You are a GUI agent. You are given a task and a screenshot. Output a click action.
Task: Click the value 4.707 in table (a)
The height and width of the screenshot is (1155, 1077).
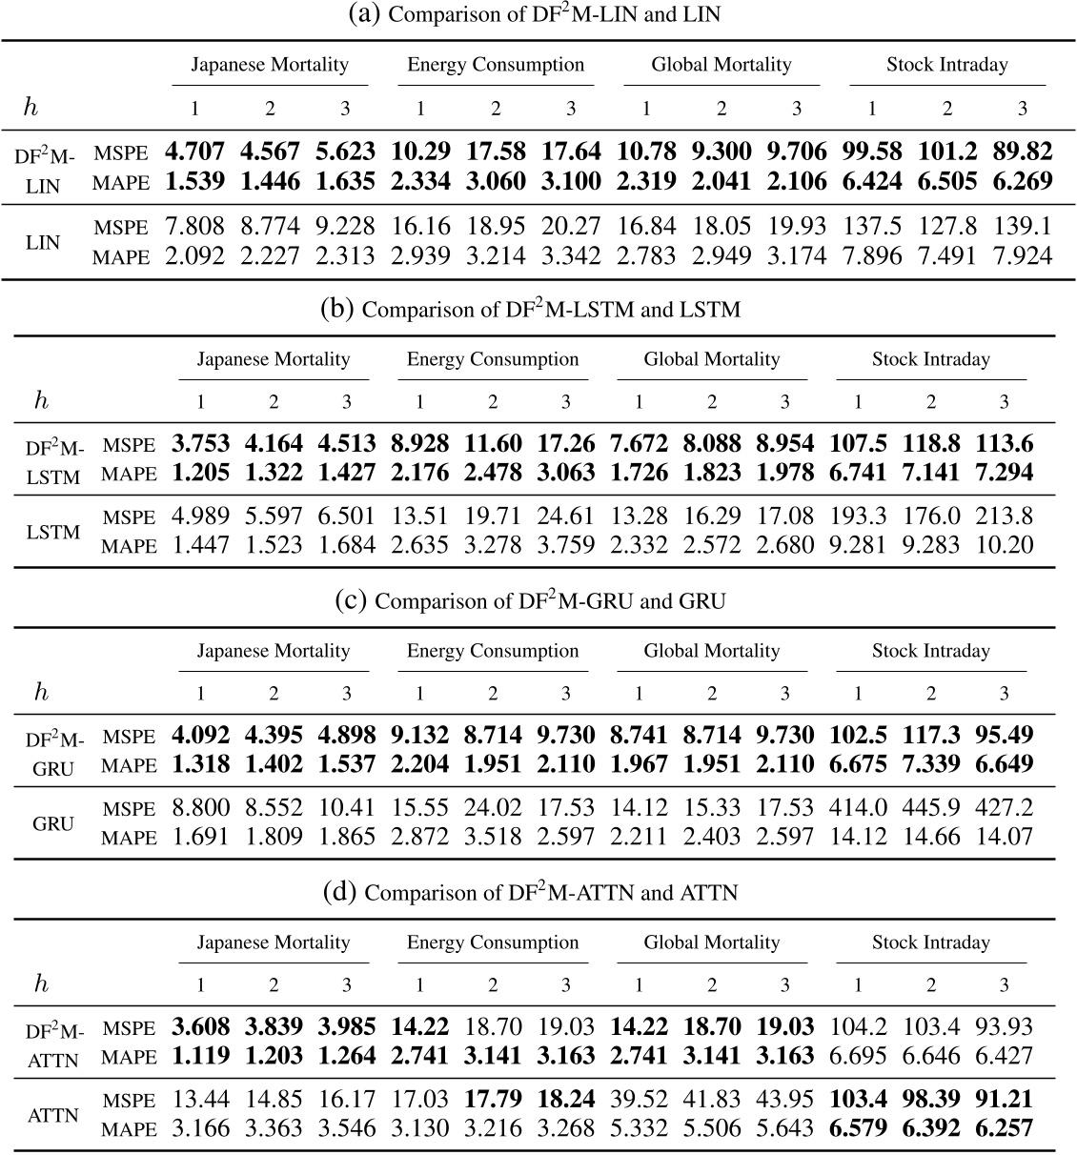194,152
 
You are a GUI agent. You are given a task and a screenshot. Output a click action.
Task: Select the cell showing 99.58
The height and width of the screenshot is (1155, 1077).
872,152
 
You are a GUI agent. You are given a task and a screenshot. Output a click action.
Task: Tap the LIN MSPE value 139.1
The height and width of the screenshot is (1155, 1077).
1022,227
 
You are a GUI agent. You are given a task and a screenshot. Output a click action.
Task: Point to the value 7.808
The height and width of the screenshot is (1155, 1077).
194,227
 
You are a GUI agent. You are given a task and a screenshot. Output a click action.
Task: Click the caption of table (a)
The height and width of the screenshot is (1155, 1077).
538,14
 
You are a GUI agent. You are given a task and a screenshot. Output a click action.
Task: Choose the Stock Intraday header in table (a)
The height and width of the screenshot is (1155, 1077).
946,65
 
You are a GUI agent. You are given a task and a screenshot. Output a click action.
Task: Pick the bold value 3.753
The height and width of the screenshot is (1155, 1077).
201,443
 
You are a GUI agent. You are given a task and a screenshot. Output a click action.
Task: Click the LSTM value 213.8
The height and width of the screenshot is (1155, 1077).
1004,517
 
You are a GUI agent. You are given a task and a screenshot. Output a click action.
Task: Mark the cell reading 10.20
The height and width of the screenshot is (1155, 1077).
1004,545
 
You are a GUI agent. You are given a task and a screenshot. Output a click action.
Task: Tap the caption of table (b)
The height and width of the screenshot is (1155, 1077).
538,309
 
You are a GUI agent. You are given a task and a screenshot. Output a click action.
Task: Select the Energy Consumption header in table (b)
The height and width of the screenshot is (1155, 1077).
493,359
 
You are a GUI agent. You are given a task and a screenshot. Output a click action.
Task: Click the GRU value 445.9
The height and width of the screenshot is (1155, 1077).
931,808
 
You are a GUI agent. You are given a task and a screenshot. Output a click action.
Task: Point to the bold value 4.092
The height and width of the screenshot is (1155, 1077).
201,735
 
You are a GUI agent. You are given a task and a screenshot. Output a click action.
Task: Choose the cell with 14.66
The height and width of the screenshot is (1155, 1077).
931,837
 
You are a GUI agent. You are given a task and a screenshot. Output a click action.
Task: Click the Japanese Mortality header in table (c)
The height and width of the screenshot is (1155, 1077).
274,651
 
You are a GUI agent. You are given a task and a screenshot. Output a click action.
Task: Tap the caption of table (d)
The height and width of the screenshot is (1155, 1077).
538,892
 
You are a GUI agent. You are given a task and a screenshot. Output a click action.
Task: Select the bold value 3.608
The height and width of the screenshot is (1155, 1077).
201,1026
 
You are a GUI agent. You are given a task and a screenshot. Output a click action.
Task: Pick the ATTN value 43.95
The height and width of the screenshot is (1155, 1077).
784,1100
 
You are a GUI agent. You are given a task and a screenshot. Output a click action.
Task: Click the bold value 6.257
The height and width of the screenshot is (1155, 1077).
1004,1128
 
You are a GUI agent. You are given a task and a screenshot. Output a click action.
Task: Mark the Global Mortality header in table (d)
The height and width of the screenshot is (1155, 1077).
712,942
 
